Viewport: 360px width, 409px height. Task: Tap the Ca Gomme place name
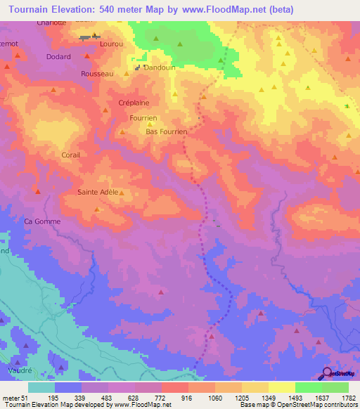click(43, 221)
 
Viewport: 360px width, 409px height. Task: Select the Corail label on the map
click(72, 155)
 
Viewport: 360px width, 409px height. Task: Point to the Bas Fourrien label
click(166, 131)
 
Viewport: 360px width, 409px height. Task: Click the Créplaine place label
click(134, 103)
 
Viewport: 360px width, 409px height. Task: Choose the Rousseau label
click(97, 74)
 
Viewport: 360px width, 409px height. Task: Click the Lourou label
click(112, 44)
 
